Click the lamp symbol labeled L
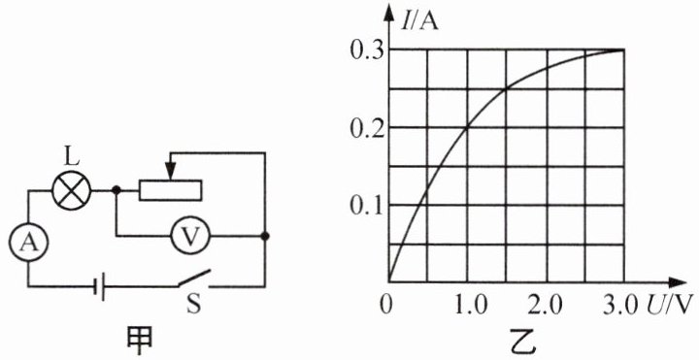pyautogui.click(x=72, y=191)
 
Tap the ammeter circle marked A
pyautogui.click(x=29, y=243)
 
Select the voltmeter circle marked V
pyautogui.click(x=191, y=237)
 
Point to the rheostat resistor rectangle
pyautogui.click(x=170, y=191)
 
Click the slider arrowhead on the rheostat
pyautogui.click(x=171, y=171)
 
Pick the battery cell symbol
pyautogui.click(x=99, y=286)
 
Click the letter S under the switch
pyautogui.click(x=193, y=307)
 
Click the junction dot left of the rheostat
pyautogui.click(x=116, y=191)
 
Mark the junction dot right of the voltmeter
pyautogui.click(x=265, y=237)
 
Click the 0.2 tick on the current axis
pyautogui.click(x=366, y=129)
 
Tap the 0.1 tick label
pyautogui.click(x=366, y=208)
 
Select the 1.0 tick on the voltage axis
pyautogui.click(x=467, y=306)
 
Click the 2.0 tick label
pyautogui.click(x=547, y=306)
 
